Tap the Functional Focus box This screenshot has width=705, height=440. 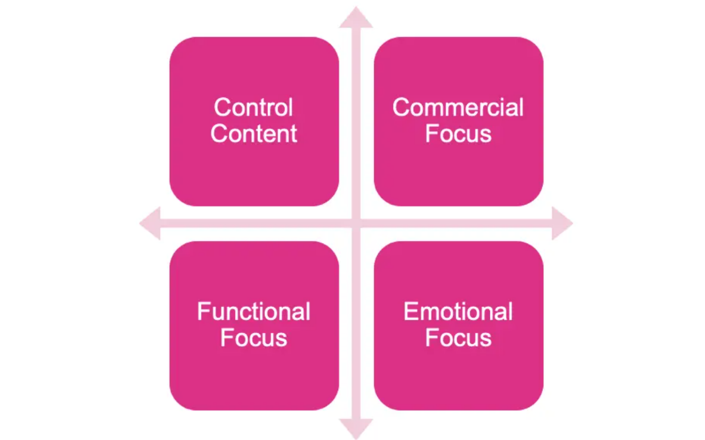click(254, 370)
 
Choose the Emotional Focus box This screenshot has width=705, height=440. click(458, 370)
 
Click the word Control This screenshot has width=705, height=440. click(253, 107)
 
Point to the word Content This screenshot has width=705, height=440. click(254, 134)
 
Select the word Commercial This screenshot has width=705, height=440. click(458, 107)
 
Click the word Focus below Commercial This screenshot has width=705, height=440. click(458, 134)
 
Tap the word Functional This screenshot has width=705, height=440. click(254, 312)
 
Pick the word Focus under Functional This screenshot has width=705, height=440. click(254, 338)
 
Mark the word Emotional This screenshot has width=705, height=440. click(458, 312)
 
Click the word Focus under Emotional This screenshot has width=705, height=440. click(458, 338)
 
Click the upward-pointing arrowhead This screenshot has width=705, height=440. click(356, 18)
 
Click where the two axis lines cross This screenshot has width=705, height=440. click(356, 223)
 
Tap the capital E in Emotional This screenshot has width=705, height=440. click(410, 312)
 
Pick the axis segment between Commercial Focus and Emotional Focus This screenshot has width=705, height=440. click(458, 223)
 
